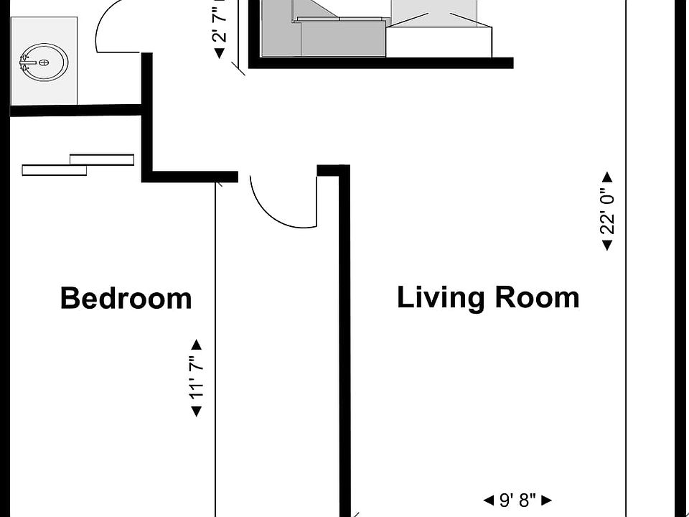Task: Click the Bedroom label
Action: pyautogui.click(x=126, y=298)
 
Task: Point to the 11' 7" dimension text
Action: pyautogui.click(x=196, y=378)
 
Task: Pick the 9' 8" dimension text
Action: pyautogui.click(x=517, y=500)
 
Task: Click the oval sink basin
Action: pyautogui.click(x=44, y=63)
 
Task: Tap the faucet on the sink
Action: pyautogui.click(x=27, y=63)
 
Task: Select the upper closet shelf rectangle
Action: pyautogui.click(x=102, y=159)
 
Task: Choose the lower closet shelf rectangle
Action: pyautogui.click(x=55, y=170)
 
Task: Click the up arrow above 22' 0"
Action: pyautogui.click(x=607, y=177)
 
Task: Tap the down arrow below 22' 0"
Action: pyautogui.click(x=607, y=246)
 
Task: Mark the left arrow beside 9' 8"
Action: pyautogui.click(x=488, y=500)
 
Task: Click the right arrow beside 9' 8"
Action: pyautogui.click(x=547, y=500)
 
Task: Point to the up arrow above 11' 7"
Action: pyautogui.click(x=196, y=345)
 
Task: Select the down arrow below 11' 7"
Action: pyautogui.click(x=196, y=411)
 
